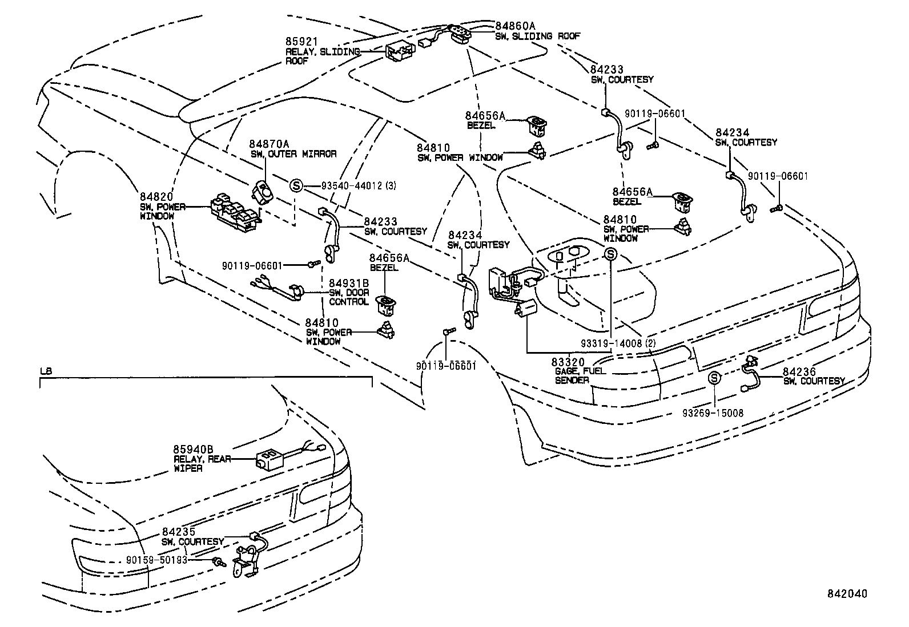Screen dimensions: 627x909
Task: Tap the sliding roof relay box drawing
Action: pyautogui.click(x=400, y=52)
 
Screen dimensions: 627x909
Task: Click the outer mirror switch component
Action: pyautogui.click(x=263, y=192)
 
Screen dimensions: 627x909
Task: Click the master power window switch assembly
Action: pyautogui.click(x=234, y=214)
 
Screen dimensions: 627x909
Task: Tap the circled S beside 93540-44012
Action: pyautogui.click(x=296, y=185)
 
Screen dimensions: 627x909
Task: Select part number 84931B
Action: pyautogui.click(x=349, y=284)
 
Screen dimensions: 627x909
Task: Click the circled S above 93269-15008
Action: pyautogui.click(x=714, y=378)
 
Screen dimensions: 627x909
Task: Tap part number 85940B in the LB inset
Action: pyautogui.click(x=194, y=450)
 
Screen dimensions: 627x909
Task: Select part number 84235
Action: pyautogui.click(x=179, y=532)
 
